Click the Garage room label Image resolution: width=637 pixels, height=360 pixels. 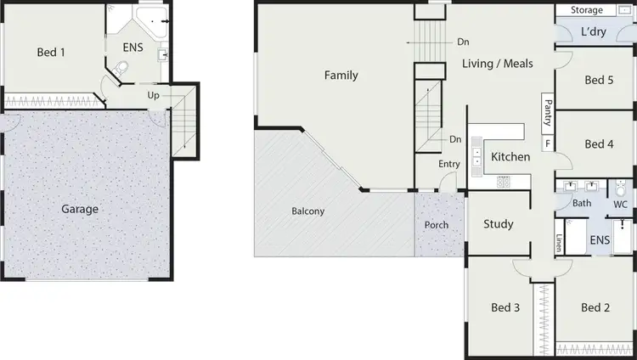[x=80, y=209]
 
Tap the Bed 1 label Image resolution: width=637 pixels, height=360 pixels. [x=51, y=53]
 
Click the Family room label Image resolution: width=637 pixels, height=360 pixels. [x=341, y=76]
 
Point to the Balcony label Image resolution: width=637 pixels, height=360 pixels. [x=307, y=211]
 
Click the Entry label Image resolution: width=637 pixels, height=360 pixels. [x=449, y=164]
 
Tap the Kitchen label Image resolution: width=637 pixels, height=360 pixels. [x=510, y=157]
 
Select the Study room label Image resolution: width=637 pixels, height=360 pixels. [x=498, y=224]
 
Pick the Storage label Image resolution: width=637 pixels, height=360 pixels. [x=587, y=10]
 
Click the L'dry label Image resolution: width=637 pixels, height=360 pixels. [x=595, y=32]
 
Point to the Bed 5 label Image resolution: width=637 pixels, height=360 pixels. [x=599, y=81]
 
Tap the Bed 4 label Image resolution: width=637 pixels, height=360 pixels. [x=599, y=144]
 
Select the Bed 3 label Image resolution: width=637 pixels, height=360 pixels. [x=505, y=307]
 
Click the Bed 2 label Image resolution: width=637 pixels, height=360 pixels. [x=595, y=307]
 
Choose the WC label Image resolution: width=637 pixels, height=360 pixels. [x=620, y=204]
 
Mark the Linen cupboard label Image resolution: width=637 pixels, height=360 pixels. [x=559, y=243]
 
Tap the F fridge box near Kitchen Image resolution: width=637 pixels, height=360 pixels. [x=547, y=143]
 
